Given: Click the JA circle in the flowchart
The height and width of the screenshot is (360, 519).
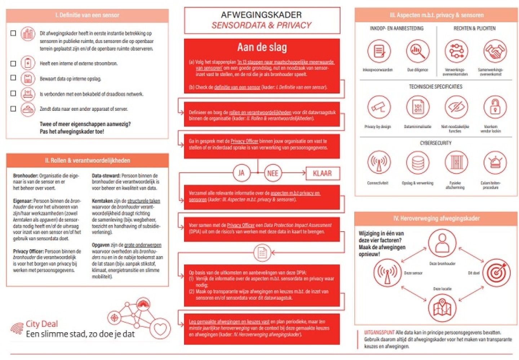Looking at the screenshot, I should click(241, 173).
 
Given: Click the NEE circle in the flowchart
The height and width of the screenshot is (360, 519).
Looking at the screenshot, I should click(272, 173).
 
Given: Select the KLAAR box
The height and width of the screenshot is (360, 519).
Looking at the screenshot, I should click(322, 173).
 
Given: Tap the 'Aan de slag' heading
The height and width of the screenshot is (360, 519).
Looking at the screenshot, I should click(262, 47).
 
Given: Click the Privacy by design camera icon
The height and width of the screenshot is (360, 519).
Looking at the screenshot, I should click(378, 107).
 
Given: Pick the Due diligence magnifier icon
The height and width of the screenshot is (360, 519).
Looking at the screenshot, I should click(418, 51).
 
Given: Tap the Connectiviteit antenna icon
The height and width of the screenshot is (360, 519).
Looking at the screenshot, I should click(378, 162).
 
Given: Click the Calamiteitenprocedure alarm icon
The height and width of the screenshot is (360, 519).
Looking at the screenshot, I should click(495, 162).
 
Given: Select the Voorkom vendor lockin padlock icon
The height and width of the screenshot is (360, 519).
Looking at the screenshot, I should click(495, 107).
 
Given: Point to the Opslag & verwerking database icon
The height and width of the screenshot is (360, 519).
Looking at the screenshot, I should click(418, 162).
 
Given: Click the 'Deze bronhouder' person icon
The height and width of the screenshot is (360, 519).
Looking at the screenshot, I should click(442, 243).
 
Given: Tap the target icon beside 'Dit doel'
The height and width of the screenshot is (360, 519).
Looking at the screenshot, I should click(496, 273).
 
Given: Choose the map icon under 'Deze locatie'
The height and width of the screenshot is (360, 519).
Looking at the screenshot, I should click(442, 308).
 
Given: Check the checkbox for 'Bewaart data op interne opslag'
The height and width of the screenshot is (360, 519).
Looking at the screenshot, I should click(13, 78).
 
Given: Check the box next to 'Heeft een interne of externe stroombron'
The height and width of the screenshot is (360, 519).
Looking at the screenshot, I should click(13, 63).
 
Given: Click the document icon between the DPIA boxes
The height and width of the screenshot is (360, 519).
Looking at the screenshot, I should click(262, 253).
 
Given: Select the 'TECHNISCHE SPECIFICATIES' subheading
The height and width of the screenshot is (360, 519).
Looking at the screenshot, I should click(435, 87).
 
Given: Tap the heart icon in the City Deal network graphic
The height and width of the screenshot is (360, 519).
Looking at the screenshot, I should click(160, 329).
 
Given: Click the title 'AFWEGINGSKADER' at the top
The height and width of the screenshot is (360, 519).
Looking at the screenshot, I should click(261, 15).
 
